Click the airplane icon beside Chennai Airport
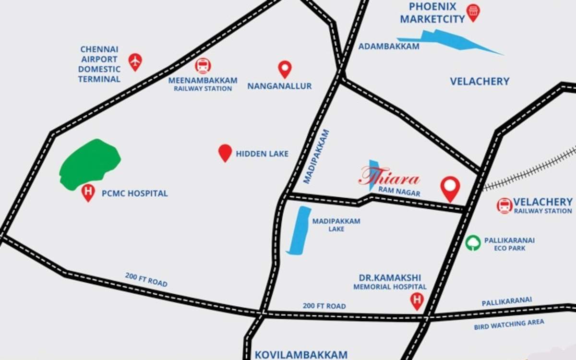click(x=135, y=61)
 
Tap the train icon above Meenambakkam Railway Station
click(x=203, y=66)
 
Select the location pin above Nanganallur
click(x=285, y=69)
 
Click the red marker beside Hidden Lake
click(x=225, y=152)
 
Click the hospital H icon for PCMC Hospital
click(x=88, y=192)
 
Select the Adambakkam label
click(x=389, y=47)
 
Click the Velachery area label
click(x=480, y=81)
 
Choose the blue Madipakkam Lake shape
click(x=299, y=230)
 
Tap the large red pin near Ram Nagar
click(x=450, y=188)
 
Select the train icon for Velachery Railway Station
click(x=504, y=205)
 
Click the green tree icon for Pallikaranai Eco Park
click(x=473, y=243)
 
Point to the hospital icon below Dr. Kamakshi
click(x=417, y=300)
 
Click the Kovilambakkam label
click(x=300, y=355)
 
